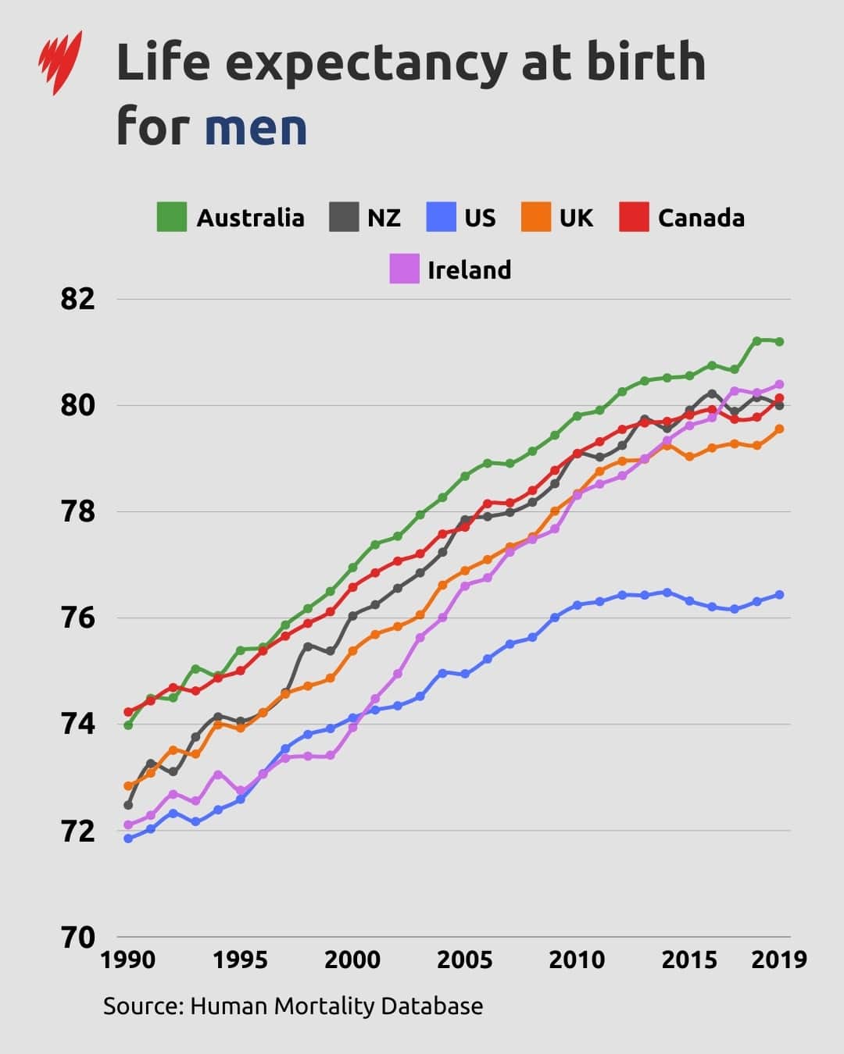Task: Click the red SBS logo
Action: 59,62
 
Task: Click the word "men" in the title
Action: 256,126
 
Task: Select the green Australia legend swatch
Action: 172,217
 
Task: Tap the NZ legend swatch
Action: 343,217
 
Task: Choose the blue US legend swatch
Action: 441,217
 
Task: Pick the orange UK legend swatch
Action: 536,217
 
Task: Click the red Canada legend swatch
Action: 634,217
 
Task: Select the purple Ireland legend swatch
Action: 404,269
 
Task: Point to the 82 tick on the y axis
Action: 78,298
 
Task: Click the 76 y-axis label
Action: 78,618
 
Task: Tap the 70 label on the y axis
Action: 78,936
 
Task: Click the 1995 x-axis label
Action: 240,959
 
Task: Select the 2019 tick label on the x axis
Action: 778,959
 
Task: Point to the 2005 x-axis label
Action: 464,959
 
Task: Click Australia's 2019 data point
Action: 779,341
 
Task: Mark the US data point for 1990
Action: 128,839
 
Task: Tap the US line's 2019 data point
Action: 779,595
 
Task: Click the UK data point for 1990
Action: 128,785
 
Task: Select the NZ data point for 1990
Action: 128,805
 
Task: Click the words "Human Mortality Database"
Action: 336,1006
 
